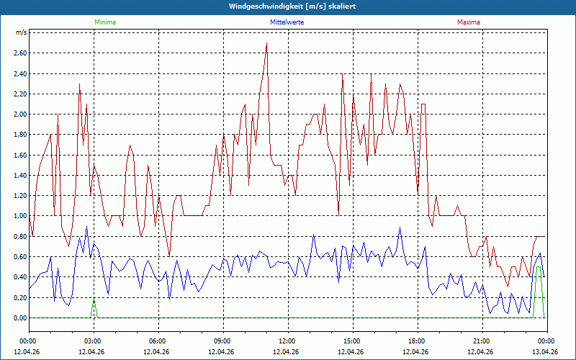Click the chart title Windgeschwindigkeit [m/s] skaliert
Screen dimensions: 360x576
[x=288, y=6]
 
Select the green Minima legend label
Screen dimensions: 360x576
[x=104, y=22]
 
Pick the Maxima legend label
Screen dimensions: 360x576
[x=469, y=22]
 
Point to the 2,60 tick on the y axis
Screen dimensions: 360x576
[x=19, y=53]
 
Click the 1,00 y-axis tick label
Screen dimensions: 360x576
[x=19, y=216]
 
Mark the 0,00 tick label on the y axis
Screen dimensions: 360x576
[x=19, y=318]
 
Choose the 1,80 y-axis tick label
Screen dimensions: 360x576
[x=19, y=135]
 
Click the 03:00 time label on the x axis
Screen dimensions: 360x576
[x=93, y=341]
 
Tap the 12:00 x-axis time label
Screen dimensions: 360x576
[x=287, y=341]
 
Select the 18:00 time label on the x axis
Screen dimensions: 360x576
[x=417, y=341]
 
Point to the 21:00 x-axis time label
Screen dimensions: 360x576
[x=482, y=341]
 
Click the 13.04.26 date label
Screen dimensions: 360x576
[x=546, y=351]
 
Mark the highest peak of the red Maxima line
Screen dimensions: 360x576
[x=266, y=43]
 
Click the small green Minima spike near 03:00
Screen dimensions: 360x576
[x=94, y=302]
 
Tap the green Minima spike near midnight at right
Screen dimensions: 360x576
[x=539, y=268]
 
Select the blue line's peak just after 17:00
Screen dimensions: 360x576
[x=400, y=229]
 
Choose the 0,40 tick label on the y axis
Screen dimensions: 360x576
[x=19, y=277]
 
